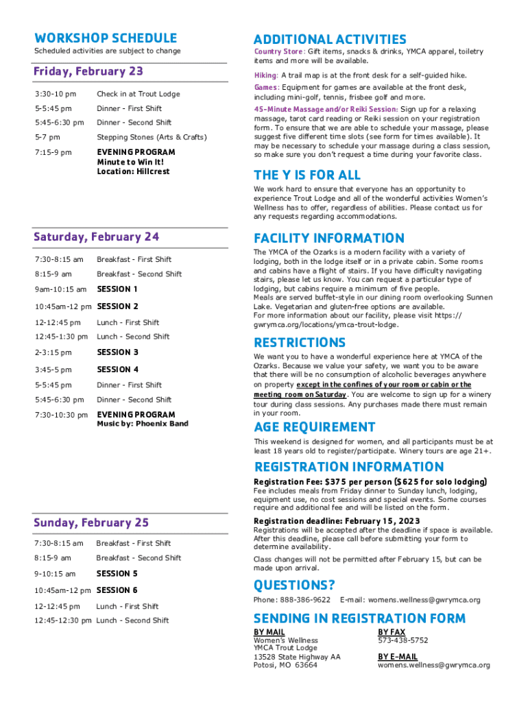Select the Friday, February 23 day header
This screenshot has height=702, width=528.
click(88, 72)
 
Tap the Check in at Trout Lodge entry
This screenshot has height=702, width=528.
click(138, 94)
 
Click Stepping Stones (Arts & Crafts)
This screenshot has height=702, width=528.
click(151, 137)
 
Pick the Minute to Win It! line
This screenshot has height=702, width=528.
click(130, 162)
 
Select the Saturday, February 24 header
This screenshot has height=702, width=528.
click(96, 237)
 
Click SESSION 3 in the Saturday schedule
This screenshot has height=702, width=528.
click(117, 352)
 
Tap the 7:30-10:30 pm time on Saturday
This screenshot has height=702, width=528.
click(60, 415)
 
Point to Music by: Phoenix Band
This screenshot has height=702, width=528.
click(142, 424)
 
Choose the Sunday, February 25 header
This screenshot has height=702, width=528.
click(91, 523)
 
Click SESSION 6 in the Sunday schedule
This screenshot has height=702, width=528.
click(117, 590)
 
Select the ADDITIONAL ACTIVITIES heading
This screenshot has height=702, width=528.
click(330, 40)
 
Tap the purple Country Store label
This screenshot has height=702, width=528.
click(278, 52)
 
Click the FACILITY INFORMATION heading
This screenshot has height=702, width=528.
click(329, 239)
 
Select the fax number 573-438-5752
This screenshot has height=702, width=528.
click(403, 640)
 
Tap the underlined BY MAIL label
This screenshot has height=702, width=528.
click(269, 631)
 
